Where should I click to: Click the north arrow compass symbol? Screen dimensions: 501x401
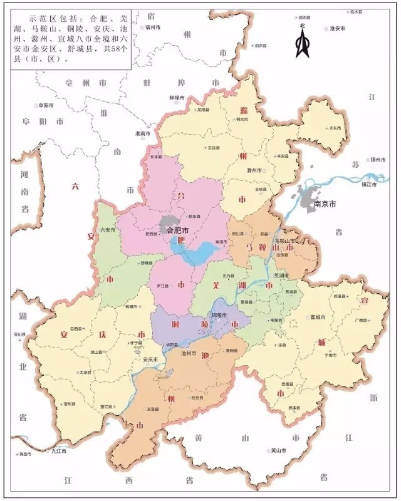pyautogui.click(x=303, y=42)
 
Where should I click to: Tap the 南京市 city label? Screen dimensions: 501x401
pyautogui.click(x=325, y=204)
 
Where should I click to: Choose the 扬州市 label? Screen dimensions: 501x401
pyautogui.click(x=380, y=160)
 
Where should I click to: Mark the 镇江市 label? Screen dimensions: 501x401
pyautogui.click(x=370, y=185)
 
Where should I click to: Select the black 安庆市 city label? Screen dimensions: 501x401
pyautogui.click(x=150, y=359)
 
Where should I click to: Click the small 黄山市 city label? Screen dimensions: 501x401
pyautogui.click(x=277, y=450)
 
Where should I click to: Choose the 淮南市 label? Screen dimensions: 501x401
pyautogui.click(x=143, y=133)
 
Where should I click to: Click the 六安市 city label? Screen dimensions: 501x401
pyautogui.click(x=108, y=230)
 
